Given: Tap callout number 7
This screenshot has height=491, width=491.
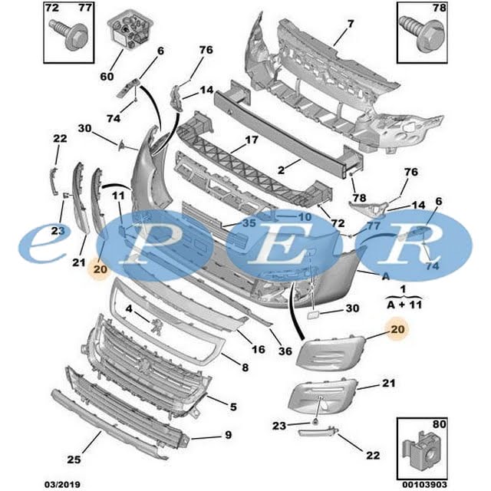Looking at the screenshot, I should pos(351,24).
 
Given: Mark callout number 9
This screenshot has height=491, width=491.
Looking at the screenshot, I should pos(227,437).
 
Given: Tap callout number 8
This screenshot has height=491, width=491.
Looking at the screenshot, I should pos(245,368).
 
